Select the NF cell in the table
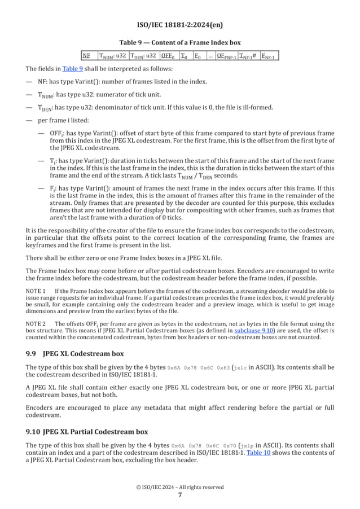click(86, 56)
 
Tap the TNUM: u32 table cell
click(113, 56)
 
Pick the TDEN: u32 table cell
click(143, 56)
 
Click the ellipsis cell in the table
click(210, 56)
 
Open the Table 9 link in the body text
click(72, 69)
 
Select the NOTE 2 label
click(37, 323)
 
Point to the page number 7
click(179, 495)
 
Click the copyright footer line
click(179, 487)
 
